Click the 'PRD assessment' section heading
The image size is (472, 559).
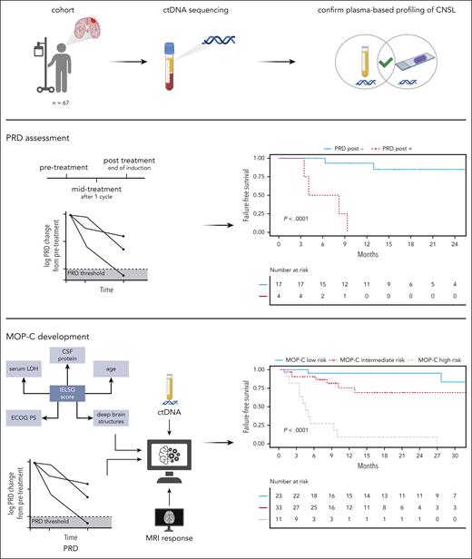(42, 141)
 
